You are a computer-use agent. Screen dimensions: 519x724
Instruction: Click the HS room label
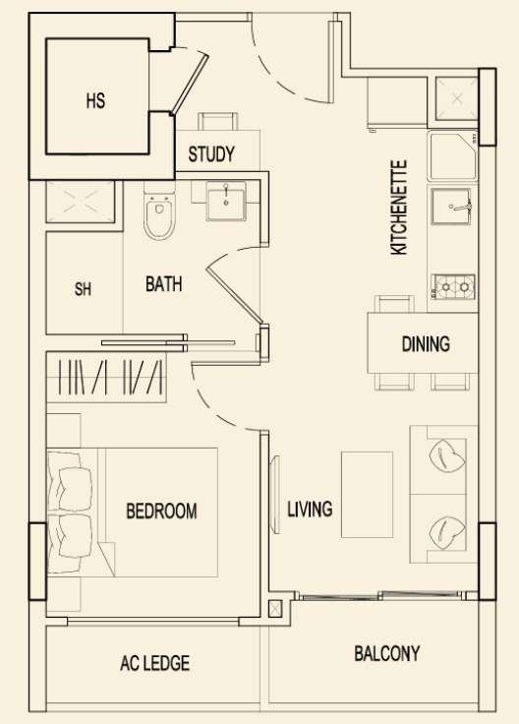tap(95, 100)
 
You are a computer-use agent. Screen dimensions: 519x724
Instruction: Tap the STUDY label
tap(211, 154)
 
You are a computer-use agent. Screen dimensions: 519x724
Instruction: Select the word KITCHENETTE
tap(399, 208)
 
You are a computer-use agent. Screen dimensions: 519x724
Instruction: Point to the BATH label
tap(164, 284)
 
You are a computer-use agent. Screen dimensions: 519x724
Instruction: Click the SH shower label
tap(83, 289)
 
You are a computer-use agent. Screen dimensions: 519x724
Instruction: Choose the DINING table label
tap(426, 344)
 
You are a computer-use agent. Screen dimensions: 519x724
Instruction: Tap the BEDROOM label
tap(161, 511)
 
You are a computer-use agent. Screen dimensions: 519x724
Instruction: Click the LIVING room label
tap(310, 509)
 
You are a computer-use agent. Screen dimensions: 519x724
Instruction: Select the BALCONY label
tap(387, 653)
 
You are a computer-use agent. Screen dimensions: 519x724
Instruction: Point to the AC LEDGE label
tap(155, 663)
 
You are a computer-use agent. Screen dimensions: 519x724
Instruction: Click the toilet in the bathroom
tap(159, 211)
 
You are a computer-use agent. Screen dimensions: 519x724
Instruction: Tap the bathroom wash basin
tap(226, 201)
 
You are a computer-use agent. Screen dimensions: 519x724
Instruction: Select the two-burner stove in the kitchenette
tap(453, 286)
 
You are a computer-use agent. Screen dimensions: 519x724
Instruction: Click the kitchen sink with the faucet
tap(451, 206)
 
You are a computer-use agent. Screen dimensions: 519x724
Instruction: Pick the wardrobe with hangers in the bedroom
tap(106, 377)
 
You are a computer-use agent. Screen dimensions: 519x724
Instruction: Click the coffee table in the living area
tap(368, 495)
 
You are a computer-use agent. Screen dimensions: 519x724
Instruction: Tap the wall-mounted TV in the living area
tap(275, 495)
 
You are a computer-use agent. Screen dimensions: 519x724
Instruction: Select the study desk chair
tap(218, 121)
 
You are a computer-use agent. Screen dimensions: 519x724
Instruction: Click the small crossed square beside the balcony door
tap(275, 609)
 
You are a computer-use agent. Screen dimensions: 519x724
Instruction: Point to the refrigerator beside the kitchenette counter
tap(398, 103)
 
